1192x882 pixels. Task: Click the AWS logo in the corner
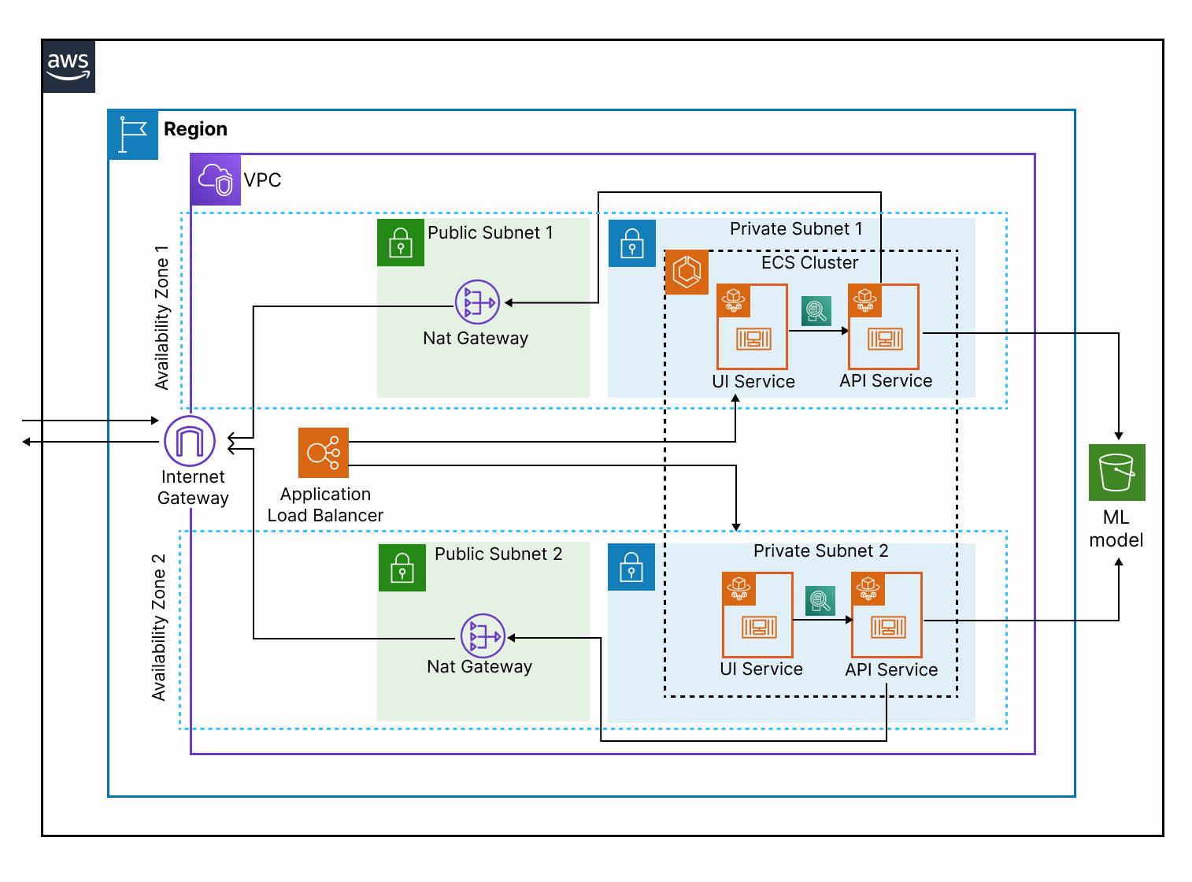[68, 66]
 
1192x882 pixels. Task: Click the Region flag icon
[133, 135]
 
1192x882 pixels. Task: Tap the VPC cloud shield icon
[215, 180]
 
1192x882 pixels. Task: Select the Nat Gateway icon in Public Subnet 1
[477, 302]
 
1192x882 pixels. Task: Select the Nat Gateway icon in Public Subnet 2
[483, 636]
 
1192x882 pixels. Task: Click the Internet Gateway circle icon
[190, 441]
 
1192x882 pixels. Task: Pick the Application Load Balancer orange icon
[324, 453]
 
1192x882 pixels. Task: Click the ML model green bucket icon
[1116, 472]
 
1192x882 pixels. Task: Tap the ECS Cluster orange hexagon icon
[687, 272]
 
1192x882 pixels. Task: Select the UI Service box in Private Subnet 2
[757, 615]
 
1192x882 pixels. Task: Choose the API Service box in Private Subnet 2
[887, 615]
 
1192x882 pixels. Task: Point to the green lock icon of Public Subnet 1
[401, 243]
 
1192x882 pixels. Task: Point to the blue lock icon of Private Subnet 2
[631, 567]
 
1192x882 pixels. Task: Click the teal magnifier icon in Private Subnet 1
[816, 311]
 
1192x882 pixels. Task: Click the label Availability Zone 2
[160, 628]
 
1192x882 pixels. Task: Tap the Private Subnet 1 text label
[796, 229]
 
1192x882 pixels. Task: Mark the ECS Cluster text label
[809, 263]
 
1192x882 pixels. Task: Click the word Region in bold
[195, 129]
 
